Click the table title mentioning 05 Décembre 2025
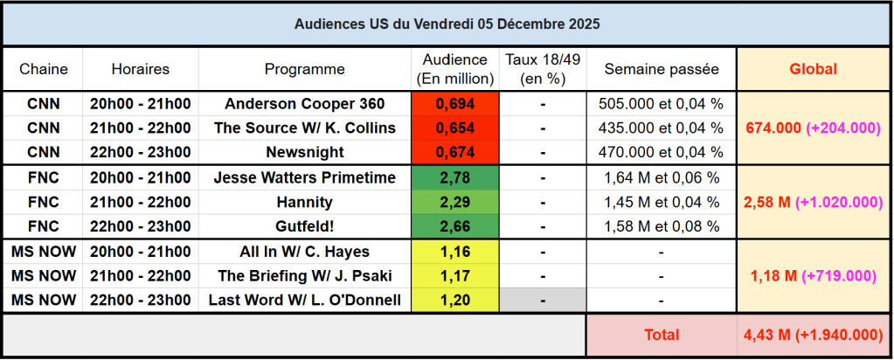tap(447, 24)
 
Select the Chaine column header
tap(43, 69)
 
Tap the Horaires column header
tap(140, 69)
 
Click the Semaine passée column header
tap(662, 69)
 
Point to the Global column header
tap(813, 69)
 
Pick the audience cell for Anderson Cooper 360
tap(454, 104)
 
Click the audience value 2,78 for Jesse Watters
tap(454, 178)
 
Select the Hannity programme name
tap(304, 203)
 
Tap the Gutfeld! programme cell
tap(304, 227)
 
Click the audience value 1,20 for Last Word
tap(454, 301)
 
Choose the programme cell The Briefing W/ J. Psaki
tap(304, 276)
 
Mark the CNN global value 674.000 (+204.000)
tap(813, 128)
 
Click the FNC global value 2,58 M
tap(813, 203)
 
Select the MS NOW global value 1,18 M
tap(813, 276)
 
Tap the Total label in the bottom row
tap(662, 335)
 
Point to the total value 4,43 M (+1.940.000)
tap(813, 335)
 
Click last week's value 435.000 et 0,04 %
tap(662, 128)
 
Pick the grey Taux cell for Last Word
tap(543, 301)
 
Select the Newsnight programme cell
tap(304, 152)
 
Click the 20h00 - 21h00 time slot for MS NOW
tap(140, 252)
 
